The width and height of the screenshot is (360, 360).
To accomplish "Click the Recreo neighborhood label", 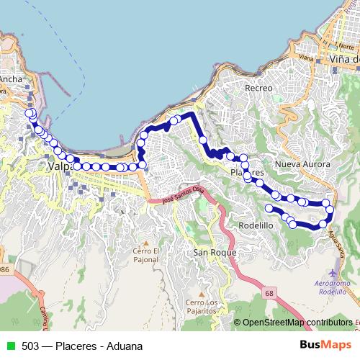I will pos(258,88).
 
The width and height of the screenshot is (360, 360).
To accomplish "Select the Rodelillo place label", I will pos(256,225).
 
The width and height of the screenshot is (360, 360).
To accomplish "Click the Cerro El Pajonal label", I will pos(145,255).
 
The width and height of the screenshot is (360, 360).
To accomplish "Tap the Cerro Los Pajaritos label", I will pos(202,307).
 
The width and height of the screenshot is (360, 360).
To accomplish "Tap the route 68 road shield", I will pos(269,292).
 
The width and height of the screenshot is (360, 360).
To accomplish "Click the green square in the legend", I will pos(10,346).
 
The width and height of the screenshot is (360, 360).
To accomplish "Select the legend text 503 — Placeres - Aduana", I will pos(81,346).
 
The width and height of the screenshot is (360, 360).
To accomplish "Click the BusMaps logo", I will pos(325,345).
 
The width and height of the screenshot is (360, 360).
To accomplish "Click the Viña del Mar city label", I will pos(335,58).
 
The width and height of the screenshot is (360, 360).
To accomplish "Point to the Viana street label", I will pos(307,55).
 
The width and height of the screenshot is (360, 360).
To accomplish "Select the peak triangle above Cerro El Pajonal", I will pos(145,243).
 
